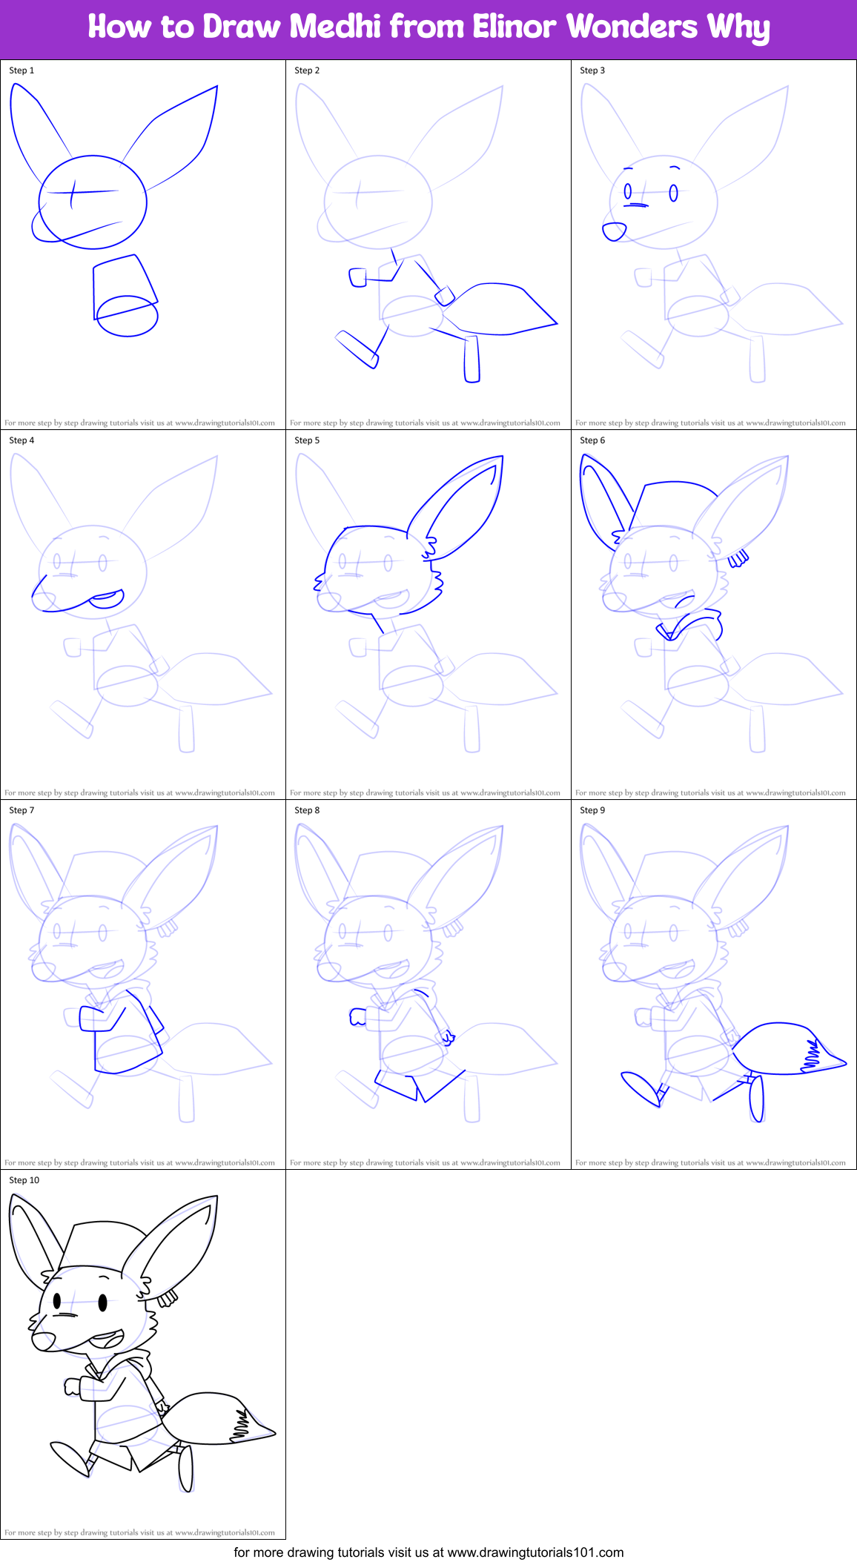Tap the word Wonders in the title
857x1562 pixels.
point(632,27)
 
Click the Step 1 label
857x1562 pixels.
point(21,70)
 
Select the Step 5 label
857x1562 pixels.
point(307,440)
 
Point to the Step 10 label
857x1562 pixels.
point(24,1180)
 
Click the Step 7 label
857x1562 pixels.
point(21,810)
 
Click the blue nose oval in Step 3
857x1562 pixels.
point(614,232)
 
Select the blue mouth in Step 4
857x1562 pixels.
point(106,599)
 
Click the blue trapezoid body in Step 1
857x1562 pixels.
point(122,285)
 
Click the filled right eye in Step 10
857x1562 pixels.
point(102,1302)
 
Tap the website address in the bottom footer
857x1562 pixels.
point(535,1552)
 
